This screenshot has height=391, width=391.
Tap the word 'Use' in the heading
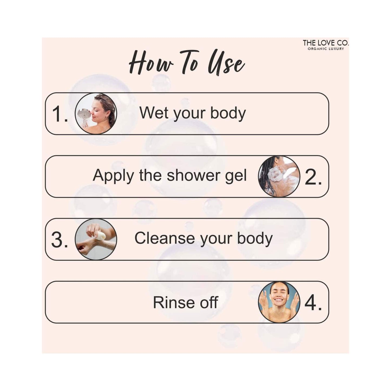[226, 64]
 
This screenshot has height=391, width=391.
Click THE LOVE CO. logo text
[326, 43]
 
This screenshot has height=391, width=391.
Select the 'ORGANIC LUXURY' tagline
[326, 49]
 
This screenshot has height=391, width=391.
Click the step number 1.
[59, 114]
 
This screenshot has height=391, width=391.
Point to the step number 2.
[313, 177]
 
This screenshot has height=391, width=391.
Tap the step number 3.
[59, 240]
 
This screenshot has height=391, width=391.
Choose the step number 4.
[313, 303]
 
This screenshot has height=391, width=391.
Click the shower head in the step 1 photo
[84, 113]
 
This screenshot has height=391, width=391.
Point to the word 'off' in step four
[209, 302]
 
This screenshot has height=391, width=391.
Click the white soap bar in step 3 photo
[101, 236]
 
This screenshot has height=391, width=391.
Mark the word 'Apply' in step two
[113, 176]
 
